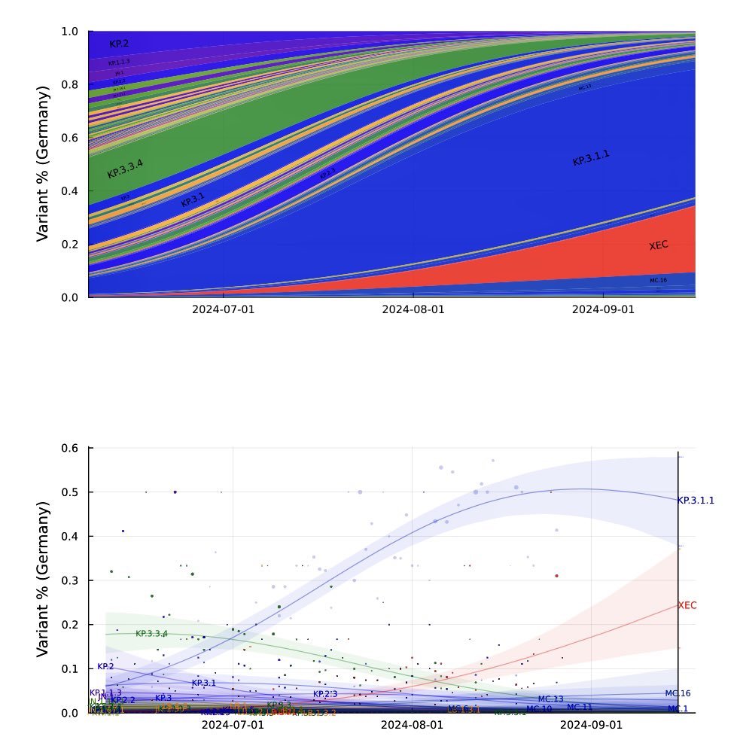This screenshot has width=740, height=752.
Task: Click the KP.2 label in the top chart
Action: click(x=119, y=44)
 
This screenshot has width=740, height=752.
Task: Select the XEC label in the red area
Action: click(x=659, y=245)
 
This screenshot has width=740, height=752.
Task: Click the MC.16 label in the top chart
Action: click(x=658, y=280)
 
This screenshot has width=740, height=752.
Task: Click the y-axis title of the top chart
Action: click(x=44, y=163)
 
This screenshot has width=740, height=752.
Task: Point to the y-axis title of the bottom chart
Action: click(x=44, y=579)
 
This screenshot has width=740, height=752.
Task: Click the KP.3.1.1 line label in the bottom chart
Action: click(x=696, y=500)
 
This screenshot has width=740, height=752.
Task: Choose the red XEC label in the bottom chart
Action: click(x=687, y=605)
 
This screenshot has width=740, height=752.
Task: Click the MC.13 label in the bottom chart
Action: click(x=550, y=699)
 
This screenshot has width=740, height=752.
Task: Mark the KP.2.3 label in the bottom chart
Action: click(x=325, y=694)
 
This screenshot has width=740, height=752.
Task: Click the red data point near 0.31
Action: click(x=556, y=576)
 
